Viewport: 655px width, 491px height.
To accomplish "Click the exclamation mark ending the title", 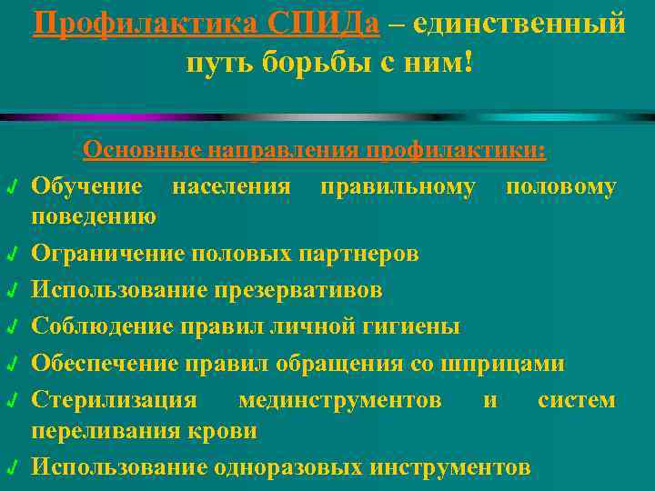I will point(469,63).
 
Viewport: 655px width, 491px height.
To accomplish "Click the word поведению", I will point(94,215).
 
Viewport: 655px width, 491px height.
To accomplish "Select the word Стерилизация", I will point(114,400).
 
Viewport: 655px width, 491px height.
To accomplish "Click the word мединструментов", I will point(340,400).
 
